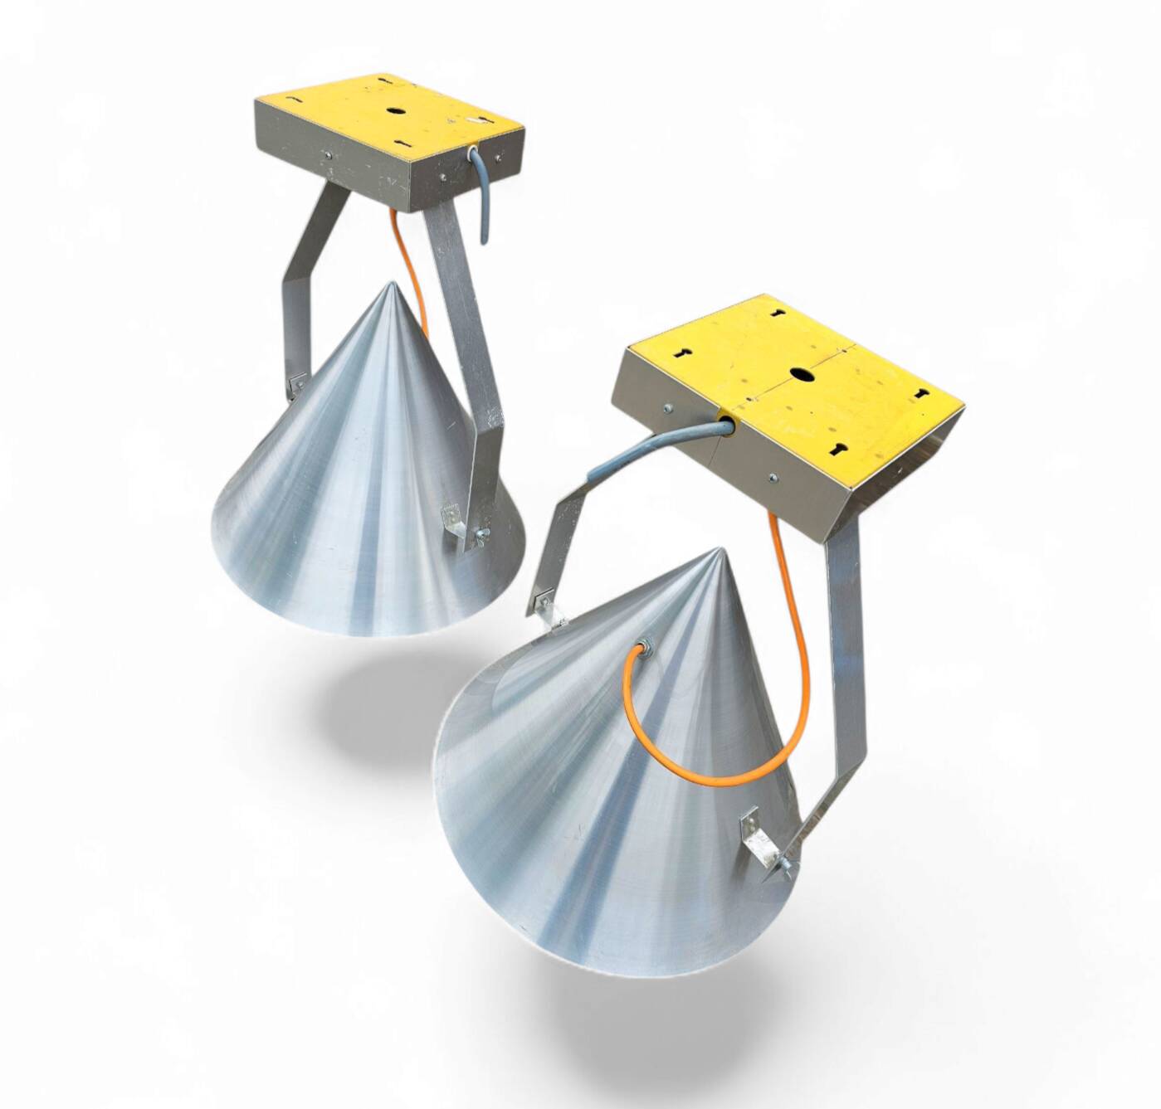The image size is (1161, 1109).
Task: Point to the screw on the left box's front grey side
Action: (327, 154)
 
